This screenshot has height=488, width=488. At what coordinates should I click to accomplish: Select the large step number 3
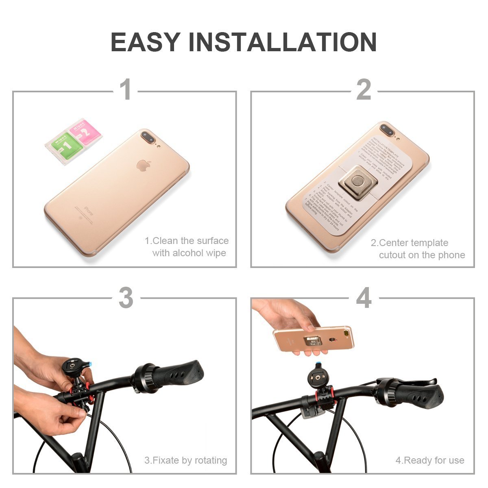point(126,298)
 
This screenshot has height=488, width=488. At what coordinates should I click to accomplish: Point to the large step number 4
point(363,298)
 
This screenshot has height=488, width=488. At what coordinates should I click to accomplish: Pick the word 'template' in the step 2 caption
point(428,243)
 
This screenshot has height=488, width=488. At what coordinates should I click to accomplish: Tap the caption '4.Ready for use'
point(430,460)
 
